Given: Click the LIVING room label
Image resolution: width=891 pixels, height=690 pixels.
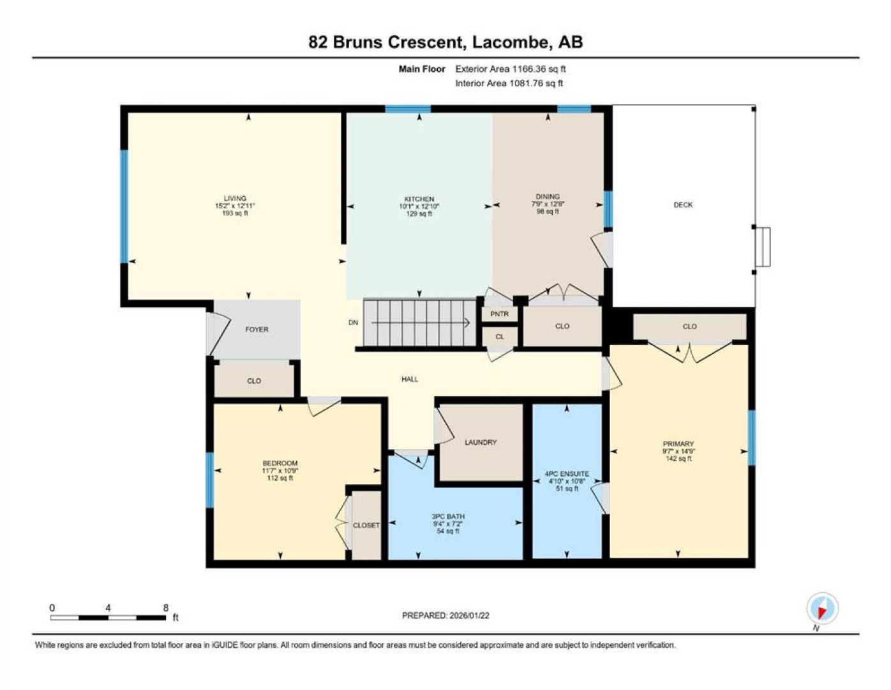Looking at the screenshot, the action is click(x=235, y=198).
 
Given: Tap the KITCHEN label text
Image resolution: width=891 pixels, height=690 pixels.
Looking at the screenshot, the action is click(x=419, y=199).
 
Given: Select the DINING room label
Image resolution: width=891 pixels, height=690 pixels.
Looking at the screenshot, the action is click(x=548, y=197).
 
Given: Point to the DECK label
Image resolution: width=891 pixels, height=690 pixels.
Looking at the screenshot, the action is click(x=683, y=204).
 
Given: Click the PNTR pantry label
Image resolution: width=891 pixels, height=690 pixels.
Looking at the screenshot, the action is click(x=499, y=314).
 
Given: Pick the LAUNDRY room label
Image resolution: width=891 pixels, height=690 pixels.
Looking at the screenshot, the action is click(x=481, y=442).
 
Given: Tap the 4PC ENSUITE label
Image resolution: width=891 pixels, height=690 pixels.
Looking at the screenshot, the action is click(x=567, y=473).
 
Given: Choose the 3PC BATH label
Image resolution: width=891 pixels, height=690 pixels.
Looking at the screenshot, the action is click(x=447, y=516).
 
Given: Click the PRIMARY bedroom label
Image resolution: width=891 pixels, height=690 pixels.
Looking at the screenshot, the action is click(x=678, y=443).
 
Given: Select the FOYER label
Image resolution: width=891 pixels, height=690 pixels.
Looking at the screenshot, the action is click(x=257, y=329).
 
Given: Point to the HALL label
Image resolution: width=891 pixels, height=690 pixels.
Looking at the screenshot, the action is click(x=410, y=379).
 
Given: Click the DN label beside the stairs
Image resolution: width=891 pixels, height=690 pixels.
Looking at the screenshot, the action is click(x=353, y=323).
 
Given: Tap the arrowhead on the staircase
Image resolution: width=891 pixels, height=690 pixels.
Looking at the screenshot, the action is click(x=467, y=323).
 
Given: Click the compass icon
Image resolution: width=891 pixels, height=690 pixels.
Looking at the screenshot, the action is click(x=822, y=608).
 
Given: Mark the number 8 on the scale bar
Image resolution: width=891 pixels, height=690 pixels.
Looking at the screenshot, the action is click(x=166, y=608).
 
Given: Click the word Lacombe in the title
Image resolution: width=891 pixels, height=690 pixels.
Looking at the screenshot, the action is click(x=511, y=42).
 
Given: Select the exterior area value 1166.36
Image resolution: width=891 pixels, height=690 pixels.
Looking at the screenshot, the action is click(x=529, y=69).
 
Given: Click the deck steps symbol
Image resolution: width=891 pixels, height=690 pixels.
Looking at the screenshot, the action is click(x=763, y=247).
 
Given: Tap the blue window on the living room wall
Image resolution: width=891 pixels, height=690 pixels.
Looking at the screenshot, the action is click(x=124, y=206).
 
